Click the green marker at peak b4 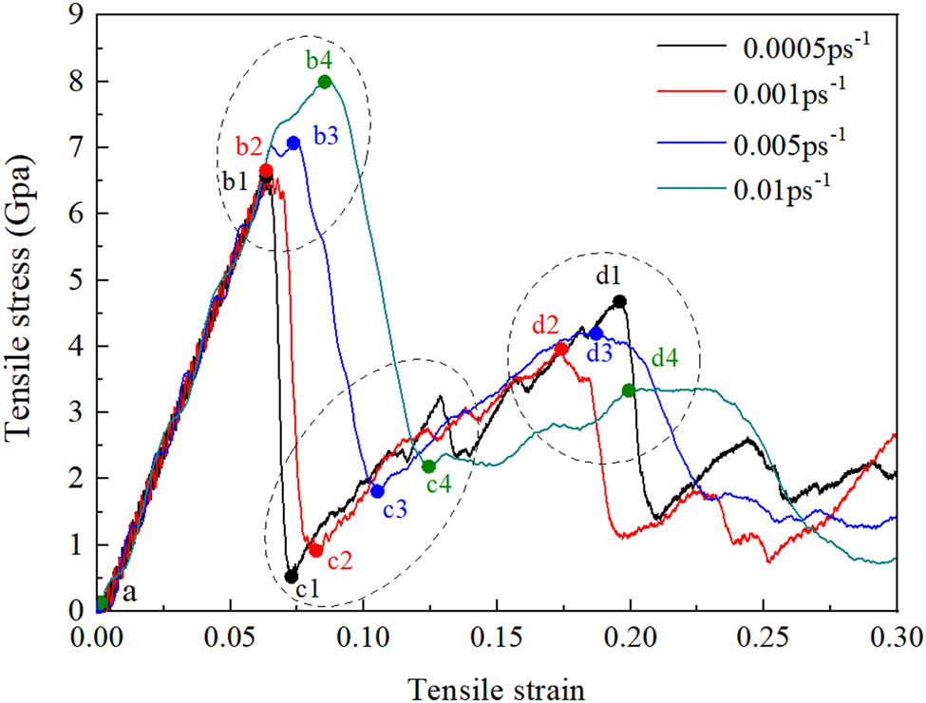pyautogui.click(x=325, y=82)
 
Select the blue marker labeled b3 pyautogui.click(x=293, y=142)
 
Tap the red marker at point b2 pyautogui.click(x=266, y=171)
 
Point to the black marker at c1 pyautogui.click(x=292, y=576)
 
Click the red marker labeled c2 pyautogui.click(x=316, y=550)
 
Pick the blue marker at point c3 pyautogui.click(x=377, y=491)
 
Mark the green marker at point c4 pyautogui.click(x=428, y=466)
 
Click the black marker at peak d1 pyautogui.click(x=620, y=301)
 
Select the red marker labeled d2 pyautogui.click(x=561, y=349)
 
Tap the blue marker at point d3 pyautogui.click(x=595, y=333)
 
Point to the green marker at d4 pyautogui.click(x=629, y=390)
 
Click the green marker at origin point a pyautogui.click(x=102, y=602)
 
